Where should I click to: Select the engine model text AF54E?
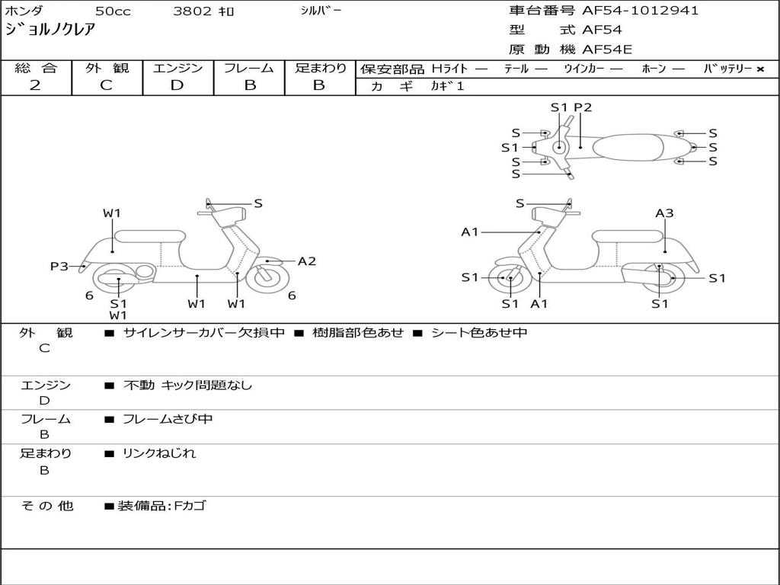(607, 50)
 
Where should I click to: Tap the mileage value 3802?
(192, 11)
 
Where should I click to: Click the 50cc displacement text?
(113, 11)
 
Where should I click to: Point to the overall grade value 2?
(35, 85)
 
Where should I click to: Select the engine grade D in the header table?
(177, 85)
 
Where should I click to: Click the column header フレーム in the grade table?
(249, 68)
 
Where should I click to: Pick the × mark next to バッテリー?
(760, 69)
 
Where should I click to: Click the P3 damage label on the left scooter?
(59, 266)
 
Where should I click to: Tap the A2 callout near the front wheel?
(307, 261)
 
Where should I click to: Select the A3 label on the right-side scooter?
(664, 213)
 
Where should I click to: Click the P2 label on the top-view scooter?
(583, 107)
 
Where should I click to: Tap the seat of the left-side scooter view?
(150, 236)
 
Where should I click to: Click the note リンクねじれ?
(159, 453)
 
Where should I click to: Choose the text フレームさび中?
(168, 419)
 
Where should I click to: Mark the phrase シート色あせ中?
(479, 332)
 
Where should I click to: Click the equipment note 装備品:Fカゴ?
(161, 506)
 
